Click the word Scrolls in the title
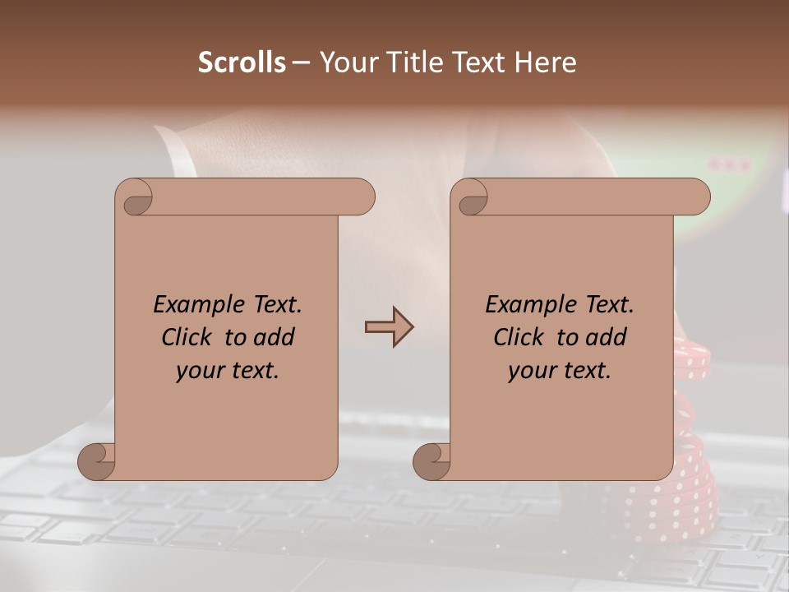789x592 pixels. (x=242, y=62)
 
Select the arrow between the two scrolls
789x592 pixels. (x=389, y=327)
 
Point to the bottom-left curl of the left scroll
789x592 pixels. (x=96, y=461)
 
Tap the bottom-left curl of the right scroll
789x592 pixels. (x=431, y=461)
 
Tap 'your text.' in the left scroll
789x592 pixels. (x=228, y=371)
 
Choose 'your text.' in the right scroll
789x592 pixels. (x=560, y=371)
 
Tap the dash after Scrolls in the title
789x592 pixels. (x=301, y=62)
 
